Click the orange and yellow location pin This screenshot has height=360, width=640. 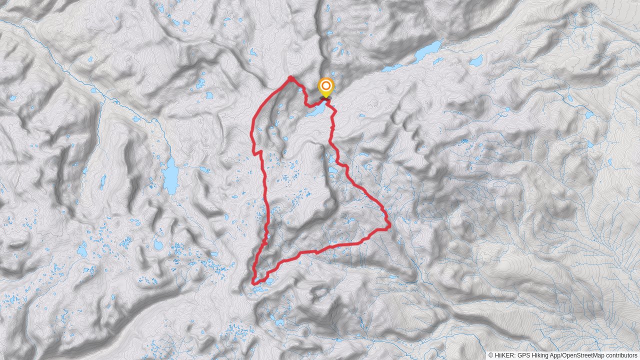(325, 87)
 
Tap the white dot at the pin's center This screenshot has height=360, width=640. (325, 85)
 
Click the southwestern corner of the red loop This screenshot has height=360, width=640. (253, 283)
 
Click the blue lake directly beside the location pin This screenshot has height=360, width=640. (315, 110)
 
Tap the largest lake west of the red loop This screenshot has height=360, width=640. (170, 176)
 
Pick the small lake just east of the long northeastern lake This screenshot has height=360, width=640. (476, 61)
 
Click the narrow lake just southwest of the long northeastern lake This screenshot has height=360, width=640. (391, 67)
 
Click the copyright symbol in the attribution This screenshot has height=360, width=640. (491, 355)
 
